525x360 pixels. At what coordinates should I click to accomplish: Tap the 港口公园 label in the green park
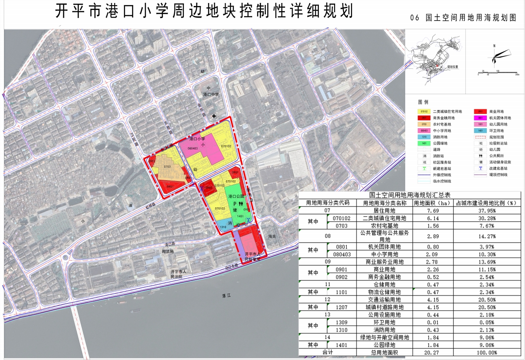[236, 196]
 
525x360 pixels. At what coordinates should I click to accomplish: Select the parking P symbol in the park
[235, 204]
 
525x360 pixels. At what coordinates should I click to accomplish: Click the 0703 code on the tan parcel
[168, 166]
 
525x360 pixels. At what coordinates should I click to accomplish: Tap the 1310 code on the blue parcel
[223, 227]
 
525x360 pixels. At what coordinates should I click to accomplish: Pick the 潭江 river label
[227, 295]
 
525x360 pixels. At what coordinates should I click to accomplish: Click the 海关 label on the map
[272, 237]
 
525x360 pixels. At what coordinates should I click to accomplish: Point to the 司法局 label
[167, 251]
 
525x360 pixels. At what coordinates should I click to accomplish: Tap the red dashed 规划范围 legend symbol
[479, 137]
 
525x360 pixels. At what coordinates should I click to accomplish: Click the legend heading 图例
[423, 102]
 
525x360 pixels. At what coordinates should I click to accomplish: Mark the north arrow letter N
[494, 46]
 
